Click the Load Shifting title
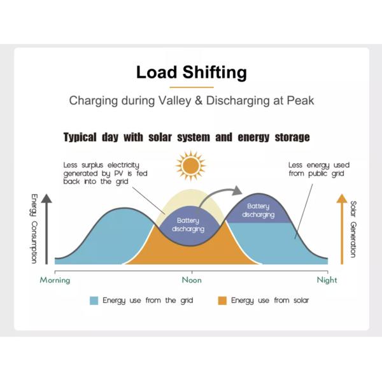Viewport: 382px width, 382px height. tap(191, 72)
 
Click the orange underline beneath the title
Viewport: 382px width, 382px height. tap(191, 87)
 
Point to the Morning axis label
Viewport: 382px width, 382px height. tap(55, 279)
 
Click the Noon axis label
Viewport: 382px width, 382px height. tap(191, 279)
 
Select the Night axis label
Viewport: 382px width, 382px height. tap(327, 279)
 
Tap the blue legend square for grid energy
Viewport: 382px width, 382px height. tap(94, 301)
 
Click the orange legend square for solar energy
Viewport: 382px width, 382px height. tap(222, 301)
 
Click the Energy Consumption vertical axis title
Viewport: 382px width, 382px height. tap(34, 228)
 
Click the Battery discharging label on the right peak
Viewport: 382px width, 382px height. tap(258, 210)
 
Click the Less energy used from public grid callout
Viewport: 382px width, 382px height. tap(318, 169)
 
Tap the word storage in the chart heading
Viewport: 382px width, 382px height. tap(286, 138)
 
